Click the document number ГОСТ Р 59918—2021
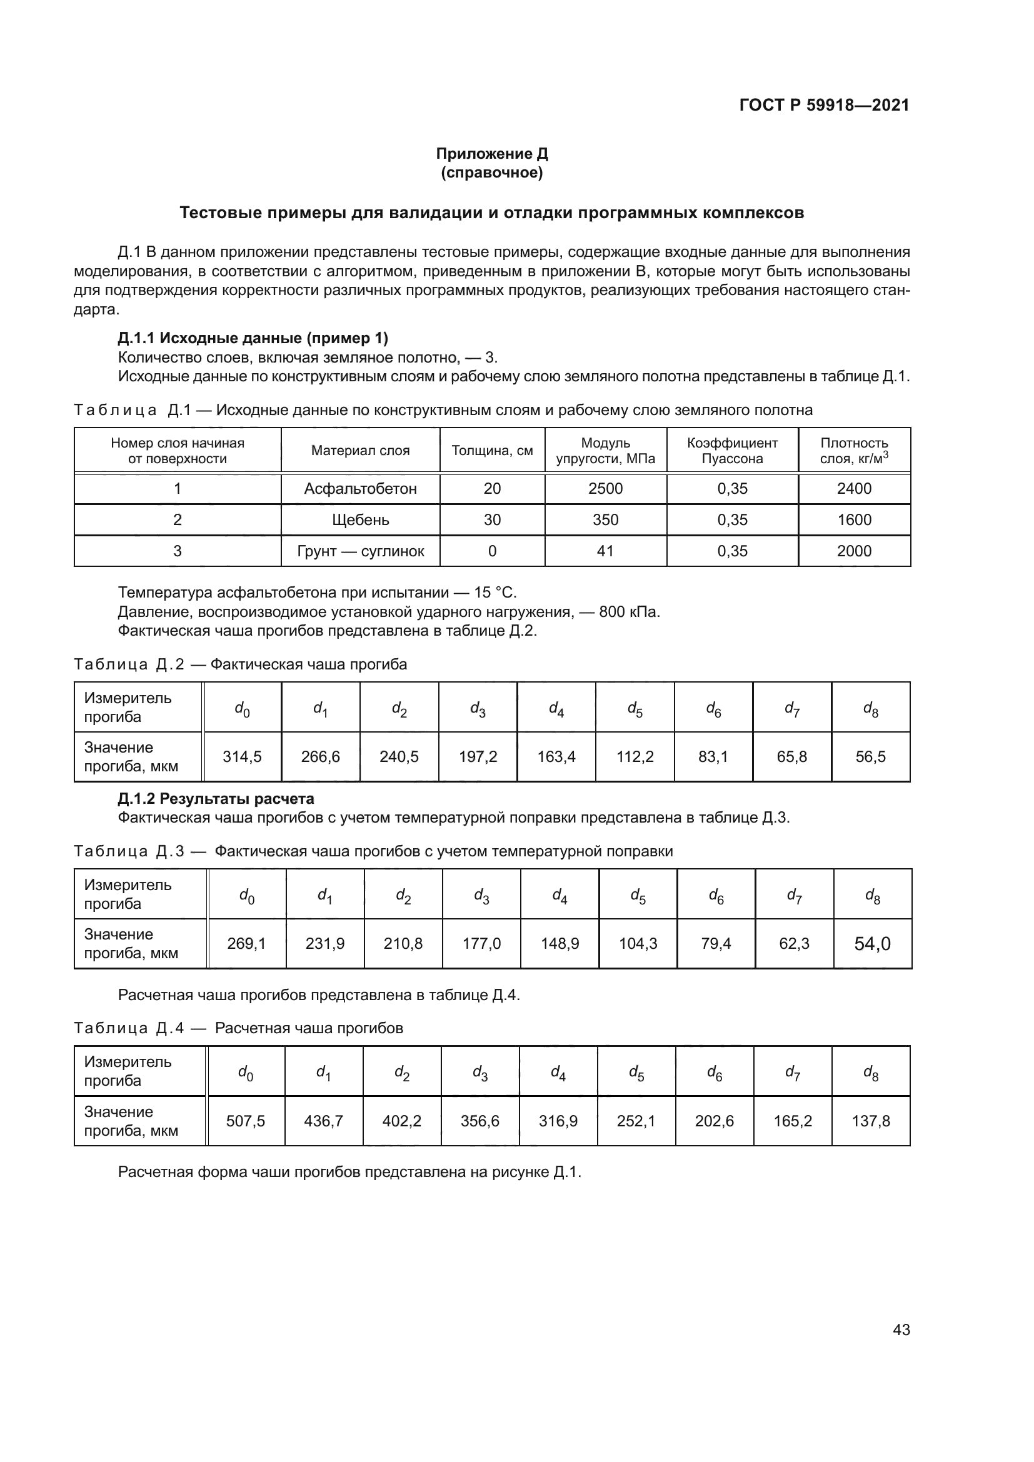[x=824, y=106]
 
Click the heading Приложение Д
[x=491, y=154]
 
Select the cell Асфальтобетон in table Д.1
[x=360, y=488]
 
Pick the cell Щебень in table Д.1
[x=360, y=519]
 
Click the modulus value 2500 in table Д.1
[x=605, y=488]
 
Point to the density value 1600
[x=854, y=519]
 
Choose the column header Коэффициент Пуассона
[x=732, y=450]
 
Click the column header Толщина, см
[x=492, y=450]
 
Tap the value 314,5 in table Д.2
[x=242, y=756]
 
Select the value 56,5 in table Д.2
[x=870, y=756]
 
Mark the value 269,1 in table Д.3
[x=246, y=943]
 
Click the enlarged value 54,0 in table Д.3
[x=872, y=944]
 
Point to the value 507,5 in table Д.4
[x=245, y=1121]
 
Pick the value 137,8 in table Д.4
[x=870, y=1121]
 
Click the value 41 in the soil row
[x=605, y=551]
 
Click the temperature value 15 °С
[x=494, y=593]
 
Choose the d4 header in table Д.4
[x=558, y=1073]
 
